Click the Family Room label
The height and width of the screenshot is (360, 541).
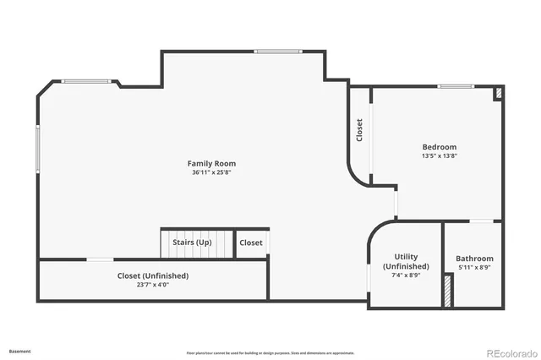tap(211, 163)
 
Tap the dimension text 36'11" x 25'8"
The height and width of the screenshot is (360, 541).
tap(211, 172)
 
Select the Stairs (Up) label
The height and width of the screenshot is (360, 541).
tap(192, 243)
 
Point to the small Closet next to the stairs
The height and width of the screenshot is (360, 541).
tap(251, 243)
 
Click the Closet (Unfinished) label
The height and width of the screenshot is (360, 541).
tap(152, 275)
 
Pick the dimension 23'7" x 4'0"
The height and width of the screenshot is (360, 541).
tap(152, 285)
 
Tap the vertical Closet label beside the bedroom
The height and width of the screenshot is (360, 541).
tap(359, 129)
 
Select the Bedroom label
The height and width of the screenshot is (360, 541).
tap(440, 147)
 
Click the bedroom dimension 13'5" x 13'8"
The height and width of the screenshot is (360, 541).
tap(440, 156)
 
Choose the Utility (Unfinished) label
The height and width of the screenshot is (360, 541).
tap(406, 261)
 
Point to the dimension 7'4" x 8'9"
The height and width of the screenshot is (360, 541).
tap(406, 275)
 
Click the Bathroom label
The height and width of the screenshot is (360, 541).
tap(474, 259)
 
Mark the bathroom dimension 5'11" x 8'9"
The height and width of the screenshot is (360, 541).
tap(474, 268)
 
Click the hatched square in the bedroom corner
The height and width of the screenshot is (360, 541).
tap(498, 93)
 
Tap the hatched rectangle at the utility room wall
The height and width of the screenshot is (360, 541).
tap(446, 291)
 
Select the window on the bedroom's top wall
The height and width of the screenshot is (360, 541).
tap(455, 86)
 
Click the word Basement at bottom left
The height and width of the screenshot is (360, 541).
tap(21, 350)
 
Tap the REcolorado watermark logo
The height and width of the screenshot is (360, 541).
tap(508, 352)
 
